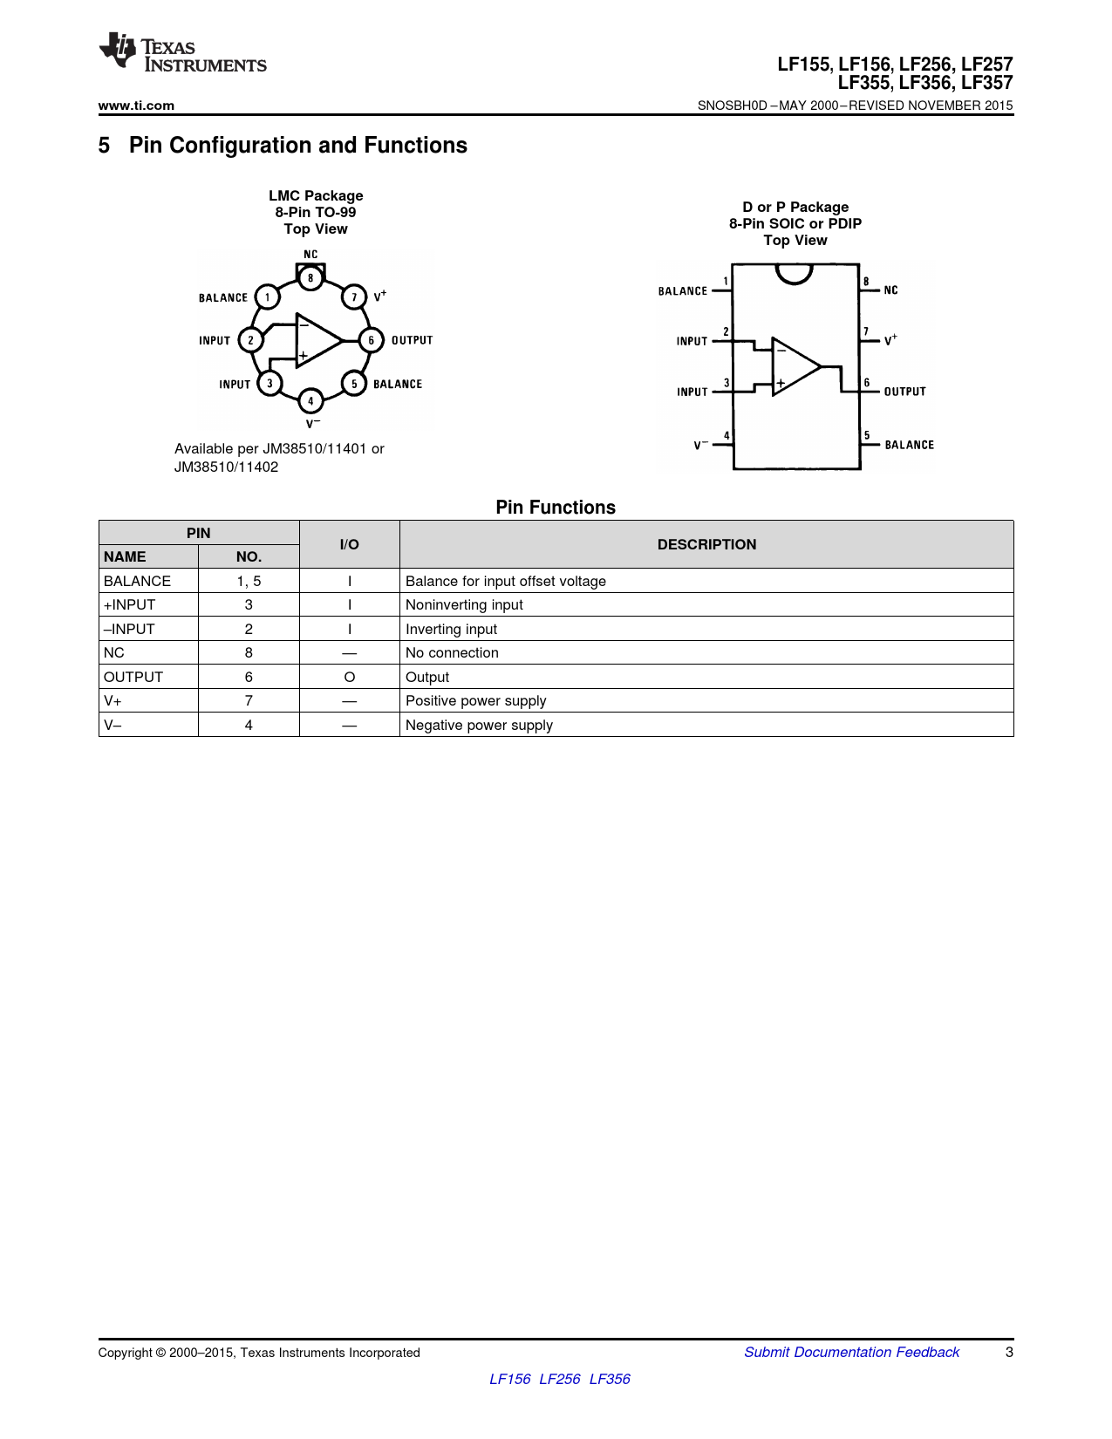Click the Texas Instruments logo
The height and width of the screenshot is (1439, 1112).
point(181,54)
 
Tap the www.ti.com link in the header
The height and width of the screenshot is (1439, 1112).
point(136,106)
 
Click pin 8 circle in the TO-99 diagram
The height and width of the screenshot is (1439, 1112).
point(310,278)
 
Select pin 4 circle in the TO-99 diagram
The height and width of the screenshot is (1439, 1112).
point(310,401)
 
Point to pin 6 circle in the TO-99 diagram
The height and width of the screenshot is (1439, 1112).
point(371,340)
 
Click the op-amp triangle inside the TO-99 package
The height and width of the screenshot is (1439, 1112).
point(316,340)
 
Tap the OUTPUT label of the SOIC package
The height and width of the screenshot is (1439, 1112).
point(904,392)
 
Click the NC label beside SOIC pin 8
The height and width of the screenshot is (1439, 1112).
point(890,290)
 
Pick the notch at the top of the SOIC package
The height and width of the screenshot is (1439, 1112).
point(794,273)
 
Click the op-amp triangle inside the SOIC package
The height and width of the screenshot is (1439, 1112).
point(793,367)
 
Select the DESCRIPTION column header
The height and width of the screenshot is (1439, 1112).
point(706,544)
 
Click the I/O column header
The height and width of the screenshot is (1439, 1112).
point(349,544)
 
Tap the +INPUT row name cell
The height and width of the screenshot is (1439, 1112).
point(130,604)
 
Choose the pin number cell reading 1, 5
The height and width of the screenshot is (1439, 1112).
point(249,581)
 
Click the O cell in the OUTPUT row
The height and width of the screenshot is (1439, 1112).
point(349,677)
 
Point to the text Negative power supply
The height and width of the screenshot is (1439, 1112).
point(479,725)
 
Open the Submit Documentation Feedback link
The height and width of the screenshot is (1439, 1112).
point(851,1352)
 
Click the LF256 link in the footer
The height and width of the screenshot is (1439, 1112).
point(559,1379)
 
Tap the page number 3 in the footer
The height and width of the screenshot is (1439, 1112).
point(1009,1352)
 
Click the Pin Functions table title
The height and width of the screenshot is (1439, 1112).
point(556,508)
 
